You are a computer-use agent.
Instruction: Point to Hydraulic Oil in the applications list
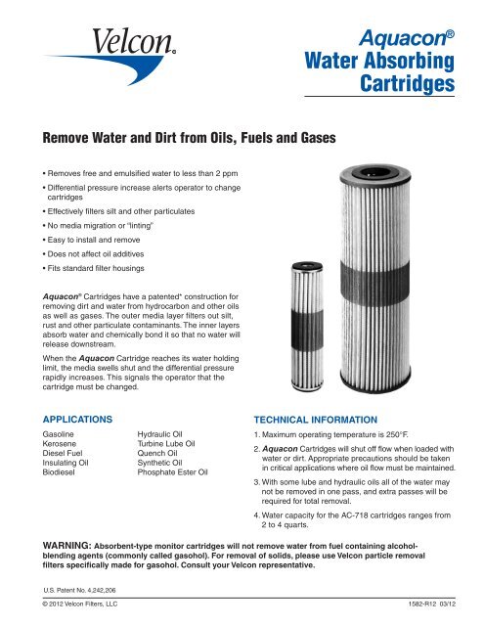point(167,431)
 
